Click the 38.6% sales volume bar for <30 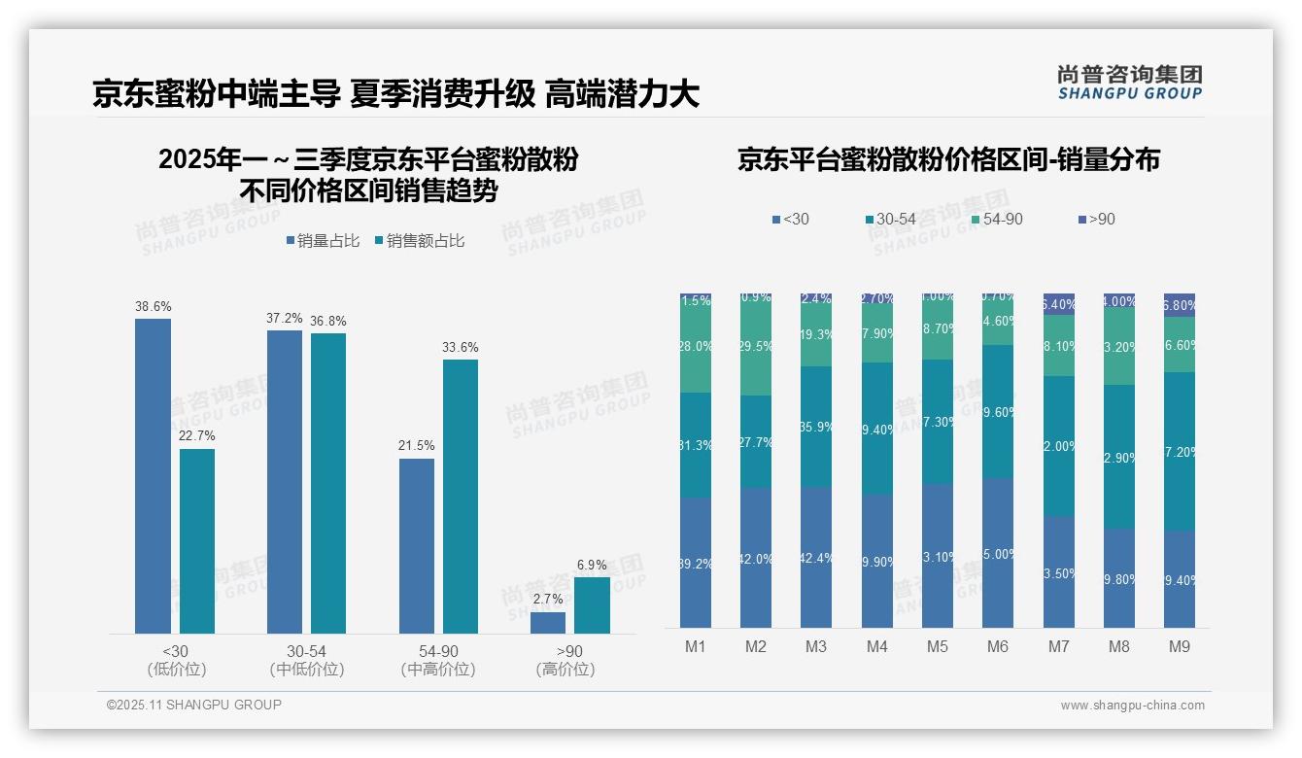tap(153, 476)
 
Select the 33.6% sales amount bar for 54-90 tap(461, 497)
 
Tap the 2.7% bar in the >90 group tap(548, 623)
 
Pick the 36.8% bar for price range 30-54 tap(328, 483)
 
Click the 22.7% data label tap(197, 435)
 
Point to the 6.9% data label tap(592, 565)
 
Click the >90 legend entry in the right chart tap(1095, 220)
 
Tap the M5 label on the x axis tap(937, 646)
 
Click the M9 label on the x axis tap(1179, 646)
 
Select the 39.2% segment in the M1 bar tap(696, 562)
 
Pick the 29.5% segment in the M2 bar tap(756, 347)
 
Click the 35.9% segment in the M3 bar tap(816, 426)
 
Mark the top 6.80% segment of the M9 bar tap(1180, 304)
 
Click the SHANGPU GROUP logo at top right tap(1129, 83)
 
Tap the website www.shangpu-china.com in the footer tap(1132, 706)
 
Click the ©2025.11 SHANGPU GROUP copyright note tap(194, 705)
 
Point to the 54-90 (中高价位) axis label tap(437, 660)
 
